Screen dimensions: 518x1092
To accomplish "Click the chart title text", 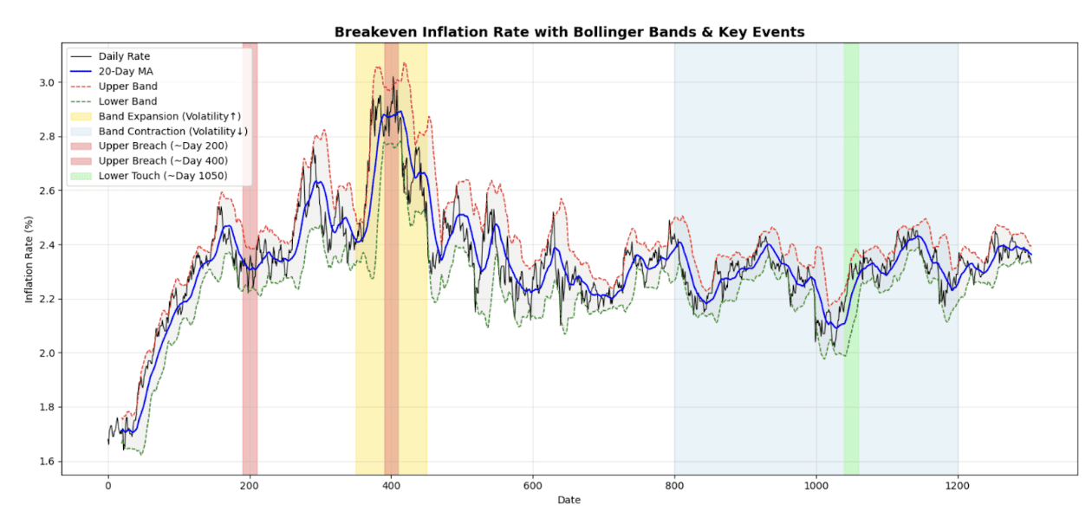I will (x=569, y=32).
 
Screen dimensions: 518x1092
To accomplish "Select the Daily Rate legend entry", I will (x=124, y=57).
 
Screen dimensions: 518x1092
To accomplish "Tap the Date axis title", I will (x=569, y=501).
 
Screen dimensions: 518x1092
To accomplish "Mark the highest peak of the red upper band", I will (x=404, y=63).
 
